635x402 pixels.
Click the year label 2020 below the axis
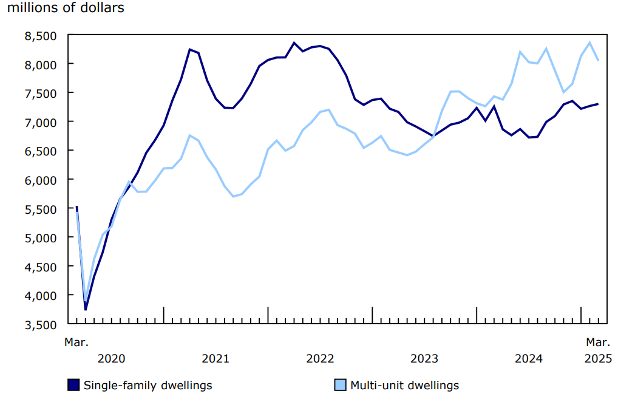[x=111, y=358]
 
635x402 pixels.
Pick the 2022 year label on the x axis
[x=320, y=358]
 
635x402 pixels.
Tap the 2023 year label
[x=424, y=358]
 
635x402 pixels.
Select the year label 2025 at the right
[x=599, y=358]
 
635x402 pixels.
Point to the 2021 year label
[x=216, y=358]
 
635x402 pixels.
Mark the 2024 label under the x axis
[x=529, y=358]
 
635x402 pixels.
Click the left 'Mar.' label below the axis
[x=76, y=342]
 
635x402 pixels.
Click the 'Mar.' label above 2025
[x=598, y=342]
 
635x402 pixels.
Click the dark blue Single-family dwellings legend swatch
[x=73, y=385]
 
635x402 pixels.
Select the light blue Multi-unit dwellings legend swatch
[x=340, y=385]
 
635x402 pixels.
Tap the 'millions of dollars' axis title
[x=66, y=8]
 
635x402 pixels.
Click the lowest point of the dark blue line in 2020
[x=86, y=310]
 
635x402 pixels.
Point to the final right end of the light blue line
[x=599, y=60]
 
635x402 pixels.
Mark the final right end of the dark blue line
[x=599, y=104]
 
